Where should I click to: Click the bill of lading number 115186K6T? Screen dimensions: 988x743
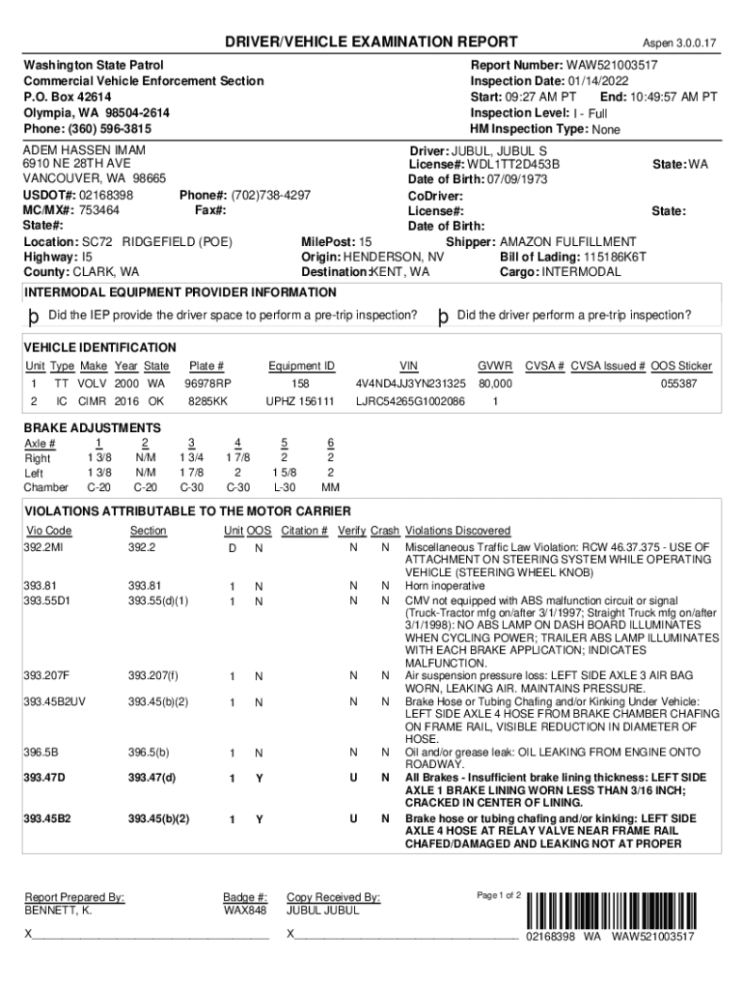614,257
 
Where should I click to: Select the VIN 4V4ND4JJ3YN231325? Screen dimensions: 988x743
410,383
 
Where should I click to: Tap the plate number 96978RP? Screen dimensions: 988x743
207,383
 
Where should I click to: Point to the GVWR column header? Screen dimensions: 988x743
495,366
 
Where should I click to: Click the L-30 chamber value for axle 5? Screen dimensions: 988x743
283,487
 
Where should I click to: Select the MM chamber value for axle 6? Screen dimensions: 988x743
330,487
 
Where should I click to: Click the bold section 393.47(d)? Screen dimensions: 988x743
152,778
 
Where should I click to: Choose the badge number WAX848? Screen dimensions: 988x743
244,910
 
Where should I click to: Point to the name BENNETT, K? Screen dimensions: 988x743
58,910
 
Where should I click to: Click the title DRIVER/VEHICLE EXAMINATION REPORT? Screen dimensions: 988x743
358,42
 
